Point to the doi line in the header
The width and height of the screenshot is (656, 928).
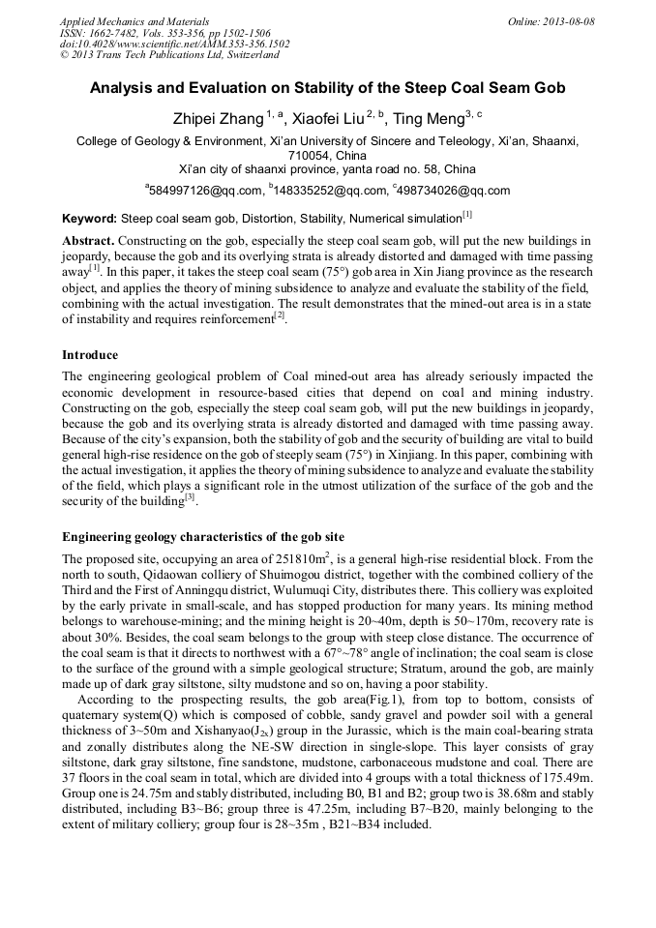click(174, 44)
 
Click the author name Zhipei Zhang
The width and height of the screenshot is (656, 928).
click(216, 118)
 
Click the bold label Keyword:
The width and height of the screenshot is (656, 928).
click(89, 219)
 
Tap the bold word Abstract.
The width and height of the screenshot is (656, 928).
click(88, 239)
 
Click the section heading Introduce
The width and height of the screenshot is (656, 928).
click(90, 355)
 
